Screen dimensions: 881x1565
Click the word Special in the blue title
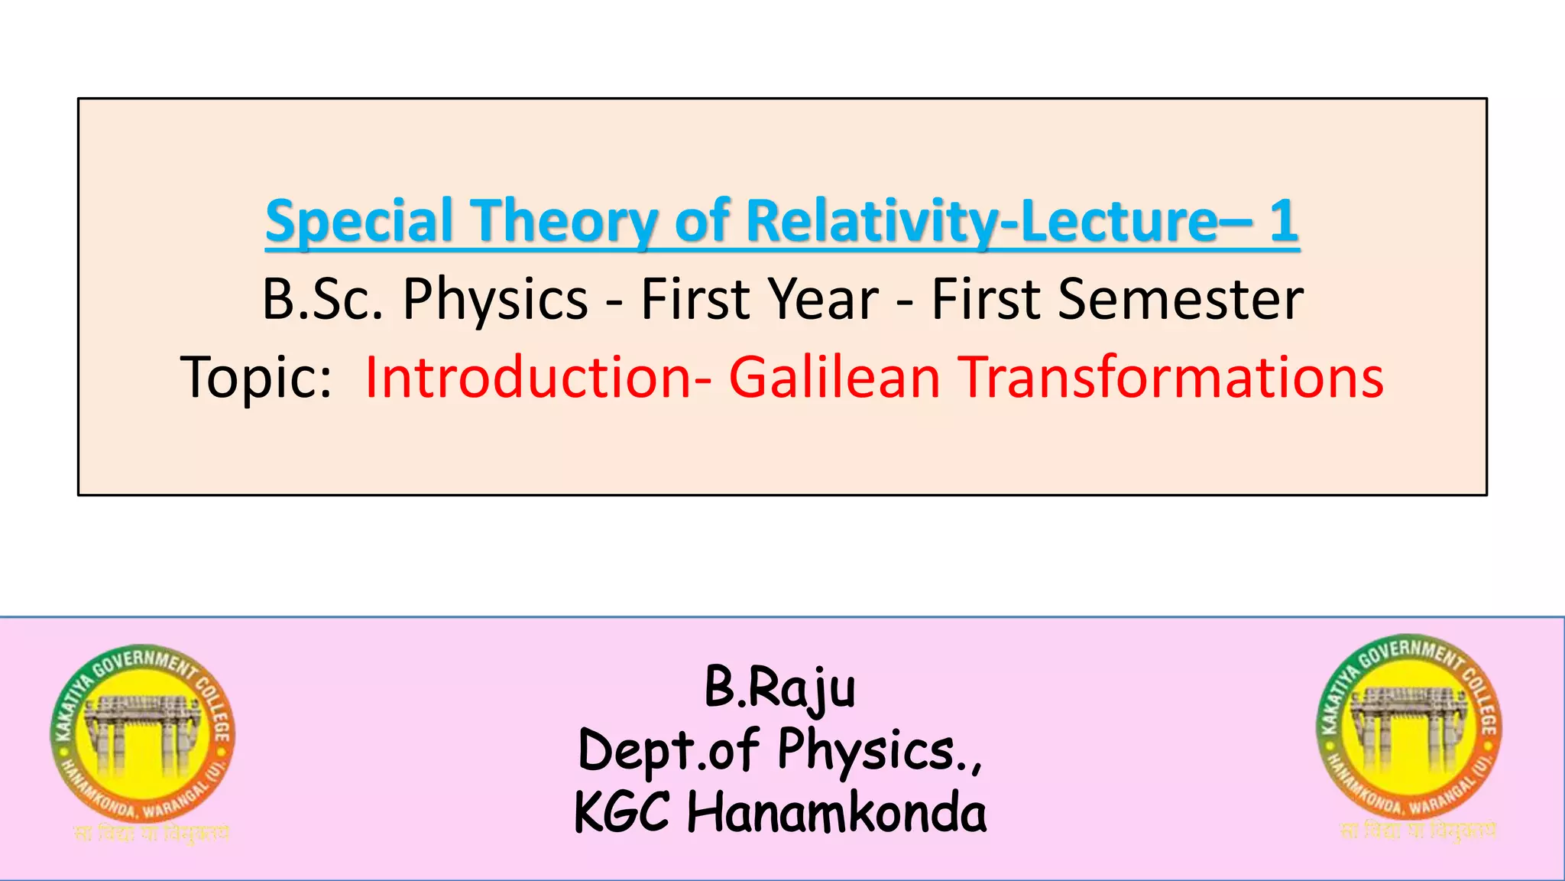(x=359, y=222)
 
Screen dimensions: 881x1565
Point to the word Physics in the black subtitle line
(x=495, y=301)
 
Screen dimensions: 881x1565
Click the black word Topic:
(x=257, y=378)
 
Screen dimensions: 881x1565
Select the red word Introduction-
(x=538, y=378)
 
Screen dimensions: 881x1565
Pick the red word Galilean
(x=834, y=378)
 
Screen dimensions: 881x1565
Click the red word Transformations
(x=1171, y=378)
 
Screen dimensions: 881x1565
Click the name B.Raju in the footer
(x=779, y=688)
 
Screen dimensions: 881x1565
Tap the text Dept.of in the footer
(x=669, y=750)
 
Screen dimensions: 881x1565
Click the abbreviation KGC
(x=622, y=812)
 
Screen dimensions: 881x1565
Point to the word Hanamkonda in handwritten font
(x=836, y=812)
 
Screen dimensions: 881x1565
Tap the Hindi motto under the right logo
(x=1418, y=830)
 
